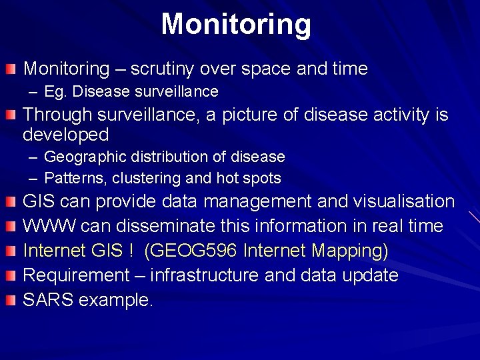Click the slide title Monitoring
(x=236, y=24)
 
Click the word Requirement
(x=76, y=275)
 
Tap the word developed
(x=66, y=135)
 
